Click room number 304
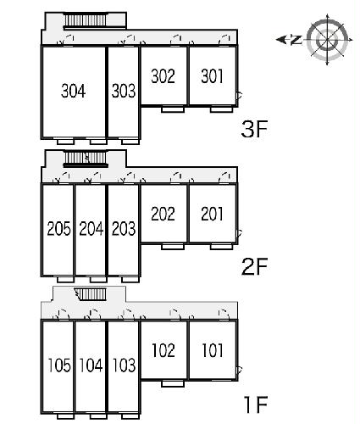[x=74, y=91]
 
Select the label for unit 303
[x=124, y=91]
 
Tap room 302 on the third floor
[x=163, y=76]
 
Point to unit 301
[x=212, y=76]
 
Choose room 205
[x=58, y=229]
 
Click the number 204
[x=91, y=229]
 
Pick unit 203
[x=124, y=229]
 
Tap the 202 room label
[x=163, y=214]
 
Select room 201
[x=212, y=214]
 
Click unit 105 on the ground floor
[x=59, y=365]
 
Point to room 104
[x=91, y=365]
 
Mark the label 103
[x=125, y=365]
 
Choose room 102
[x=163, y=350]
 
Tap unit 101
[x=213, y=350]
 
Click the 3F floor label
[x=254, y=129]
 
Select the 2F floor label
[x=254, y=266]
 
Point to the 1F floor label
[x=256, y=404]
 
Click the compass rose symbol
[x=328, y=40]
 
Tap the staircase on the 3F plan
[x=86, y=20]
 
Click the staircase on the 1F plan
[x=91, y=294]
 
